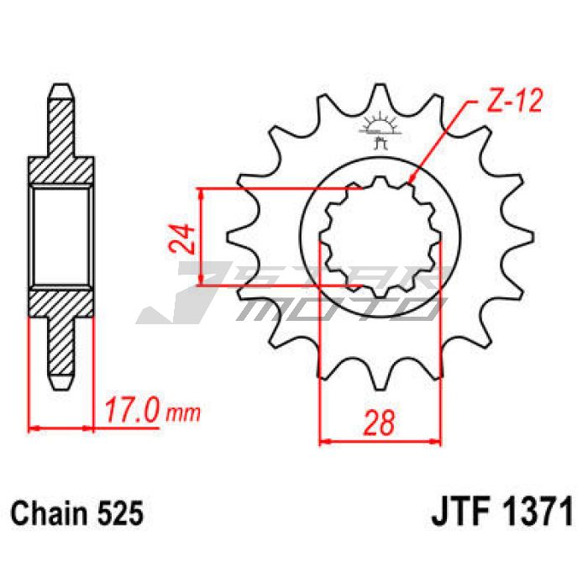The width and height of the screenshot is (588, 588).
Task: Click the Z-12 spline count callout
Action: [x=514, y=102]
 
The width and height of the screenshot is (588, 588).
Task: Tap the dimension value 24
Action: [x=182, y=239]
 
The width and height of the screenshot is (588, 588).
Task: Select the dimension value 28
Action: [x=379, y=423]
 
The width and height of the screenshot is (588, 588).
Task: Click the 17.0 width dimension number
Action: [x=131, y=411]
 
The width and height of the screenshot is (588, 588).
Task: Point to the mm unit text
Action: [x=182, y=413]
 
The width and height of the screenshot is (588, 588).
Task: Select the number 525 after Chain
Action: [x=120, y=513]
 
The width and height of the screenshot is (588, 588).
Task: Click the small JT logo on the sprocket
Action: [x=380, y=129]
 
